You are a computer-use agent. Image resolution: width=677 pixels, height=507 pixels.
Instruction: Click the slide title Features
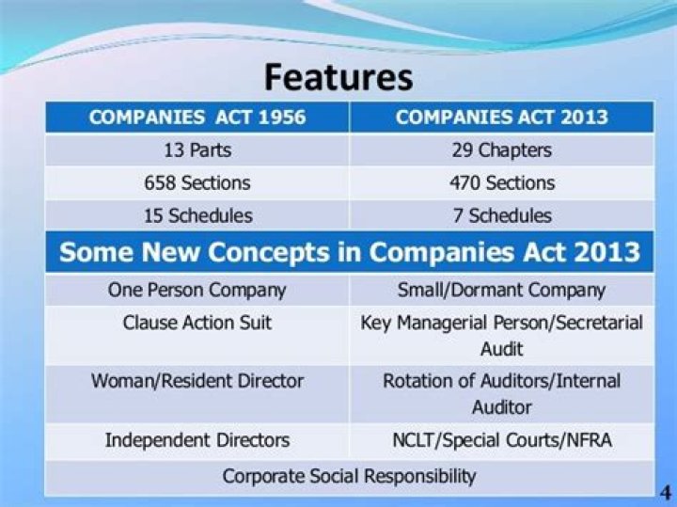point(338,76)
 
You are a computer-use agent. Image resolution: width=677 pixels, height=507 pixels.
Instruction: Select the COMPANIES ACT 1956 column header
point(197,118)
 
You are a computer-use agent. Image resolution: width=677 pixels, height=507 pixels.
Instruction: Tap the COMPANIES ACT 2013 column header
point(501,118)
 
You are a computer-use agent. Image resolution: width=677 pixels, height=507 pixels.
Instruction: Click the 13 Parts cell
point(197,151)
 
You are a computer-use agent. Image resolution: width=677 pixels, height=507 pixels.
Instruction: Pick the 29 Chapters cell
point(501,151)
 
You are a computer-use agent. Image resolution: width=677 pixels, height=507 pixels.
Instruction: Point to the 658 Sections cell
point(197,182)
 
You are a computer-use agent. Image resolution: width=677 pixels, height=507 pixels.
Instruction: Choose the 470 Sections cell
point(501,182)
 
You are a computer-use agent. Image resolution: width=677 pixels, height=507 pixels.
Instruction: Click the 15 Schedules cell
point(197,215)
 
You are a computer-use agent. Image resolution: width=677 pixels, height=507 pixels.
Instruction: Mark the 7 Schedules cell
point(501,215)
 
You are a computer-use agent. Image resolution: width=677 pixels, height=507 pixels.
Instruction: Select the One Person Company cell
point(197,290)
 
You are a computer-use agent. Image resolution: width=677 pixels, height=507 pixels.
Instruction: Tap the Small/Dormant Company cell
point(501,290)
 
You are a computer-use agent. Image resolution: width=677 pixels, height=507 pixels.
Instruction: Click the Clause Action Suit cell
point(197,323)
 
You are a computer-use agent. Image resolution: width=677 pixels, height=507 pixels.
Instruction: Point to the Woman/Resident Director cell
point(197,382)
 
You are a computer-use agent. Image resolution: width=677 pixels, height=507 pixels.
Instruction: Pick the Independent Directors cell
point(197,440)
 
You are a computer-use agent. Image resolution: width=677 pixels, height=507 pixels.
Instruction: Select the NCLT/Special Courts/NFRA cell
point(501,440)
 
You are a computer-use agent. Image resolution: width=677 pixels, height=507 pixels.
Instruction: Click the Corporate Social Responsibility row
point(349,476)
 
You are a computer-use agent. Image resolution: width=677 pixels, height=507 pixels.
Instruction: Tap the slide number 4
point(666,492)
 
